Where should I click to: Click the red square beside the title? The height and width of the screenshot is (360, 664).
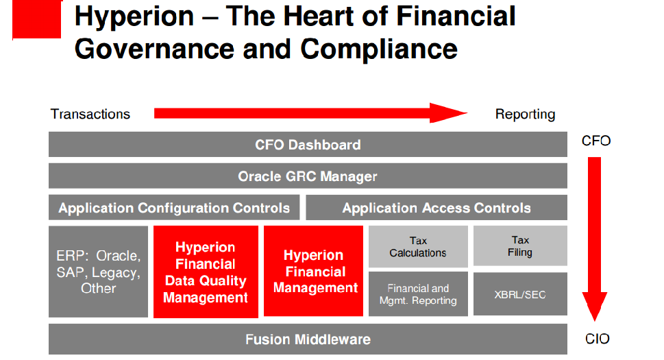(x=37, y=19)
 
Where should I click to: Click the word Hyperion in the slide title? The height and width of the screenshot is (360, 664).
(x=134, y=17)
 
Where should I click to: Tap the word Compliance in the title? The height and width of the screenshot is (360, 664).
(x=379, y=49)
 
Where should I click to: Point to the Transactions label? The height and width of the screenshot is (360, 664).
(x=90, y=114)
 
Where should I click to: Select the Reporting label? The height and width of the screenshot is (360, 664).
(x=525, y=115)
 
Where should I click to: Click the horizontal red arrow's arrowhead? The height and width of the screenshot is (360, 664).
(x=448, y=112)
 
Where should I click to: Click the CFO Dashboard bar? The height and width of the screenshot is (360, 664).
(x=308, y=145)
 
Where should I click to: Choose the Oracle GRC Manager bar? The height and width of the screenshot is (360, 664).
(x=308, y=176)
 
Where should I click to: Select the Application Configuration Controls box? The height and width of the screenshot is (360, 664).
(x=174, y=208)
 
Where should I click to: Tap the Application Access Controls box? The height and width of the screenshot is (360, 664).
(x=436, y=208)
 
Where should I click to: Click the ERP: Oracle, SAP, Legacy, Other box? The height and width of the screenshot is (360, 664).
(x=98, y=272)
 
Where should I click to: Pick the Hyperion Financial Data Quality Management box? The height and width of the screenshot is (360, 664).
(x=206, y=272)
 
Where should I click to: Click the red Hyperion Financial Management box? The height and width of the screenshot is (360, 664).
(x=313, y=271)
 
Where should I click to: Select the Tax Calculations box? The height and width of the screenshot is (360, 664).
(x=418, y=246)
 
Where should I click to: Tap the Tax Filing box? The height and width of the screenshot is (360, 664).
(x=520, y=245)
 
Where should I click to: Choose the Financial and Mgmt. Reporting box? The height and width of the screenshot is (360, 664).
(x=418, y=294)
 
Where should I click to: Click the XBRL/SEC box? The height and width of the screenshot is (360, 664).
(x=520, y=294)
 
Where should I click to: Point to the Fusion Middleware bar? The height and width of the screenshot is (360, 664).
(x=308, y=339)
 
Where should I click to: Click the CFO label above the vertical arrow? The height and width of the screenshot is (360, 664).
(x=596, y=141)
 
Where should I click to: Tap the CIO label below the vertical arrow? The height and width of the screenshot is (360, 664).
(x=597, y=339)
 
